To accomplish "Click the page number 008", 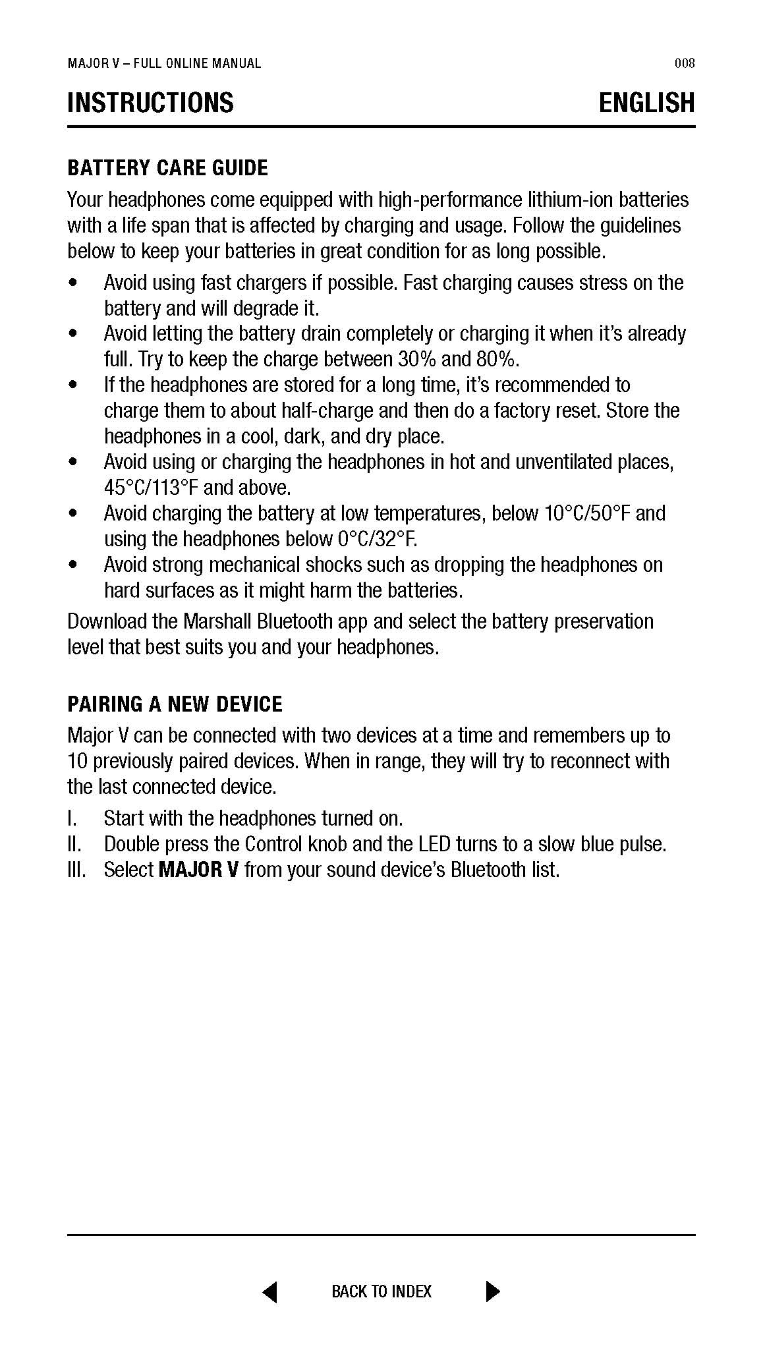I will (685, 63).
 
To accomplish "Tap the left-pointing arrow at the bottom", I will (269, 1291).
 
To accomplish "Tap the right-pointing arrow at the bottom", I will (492, 1291).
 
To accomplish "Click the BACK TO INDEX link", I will (381, 1291).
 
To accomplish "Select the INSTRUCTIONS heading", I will (150, 103).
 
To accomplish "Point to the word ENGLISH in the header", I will (646, 103).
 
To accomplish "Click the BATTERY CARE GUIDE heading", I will (167, 168).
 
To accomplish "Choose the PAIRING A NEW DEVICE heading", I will (175, 704).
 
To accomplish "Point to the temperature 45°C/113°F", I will (151, 488).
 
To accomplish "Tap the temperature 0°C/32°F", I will (377, 539).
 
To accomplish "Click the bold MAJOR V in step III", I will (198, 870).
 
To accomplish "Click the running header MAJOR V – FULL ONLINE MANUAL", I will (164, 63).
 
